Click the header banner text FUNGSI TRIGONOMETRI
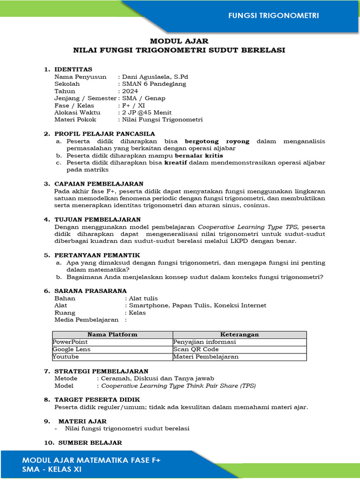pyautogui.click(x=273, y=15)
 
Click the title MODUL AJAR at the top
pyautogui.click(x=179, y=41)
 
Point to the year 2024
pyautogui.click(x=130, y=91)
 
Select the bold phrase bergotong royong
pyautogui.click(x=217, y=141)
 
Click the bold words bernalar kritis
pyautogui.click(x=199, y=155)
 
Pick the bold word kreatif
pyautogui.click(x=175, y=162)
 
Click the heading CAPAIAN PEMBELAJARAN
pyautogui.click(x=99, y=184)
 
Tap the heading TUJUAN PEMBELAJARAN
pyautogui.click(x=97, y=219)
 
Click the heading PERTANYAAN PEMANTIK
pyautogui.click(x=97, y=255)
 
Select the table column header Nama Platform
pyautogui.click(x=112, y=335)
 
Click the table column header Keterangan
pyautogui.click(x=240, y=335)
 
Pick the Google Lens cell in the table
pyautogui.click(x=72, y=349)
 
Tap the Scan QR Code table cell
pyautogui.click(x=195, y=349)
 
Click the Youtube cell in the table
pyautogui.click(x=66, y=357)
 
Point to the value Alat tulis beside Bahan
pyautogui.click(x=143, y=298)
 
